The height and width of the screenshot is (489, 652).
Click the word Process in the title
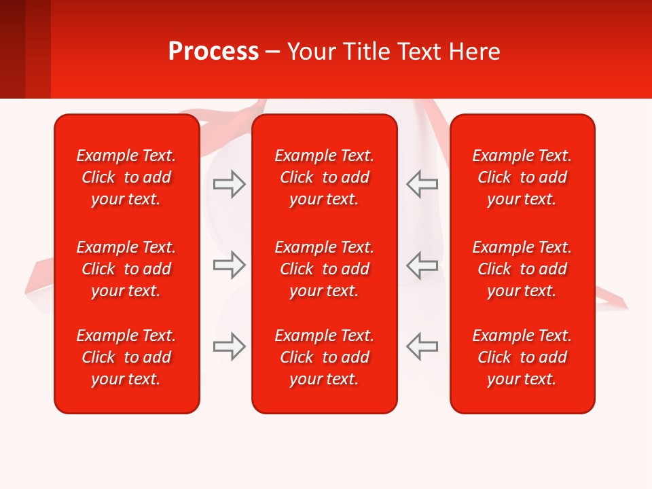click(213, 52)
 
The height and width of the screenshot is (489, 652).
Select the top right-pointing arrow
click(230, 184)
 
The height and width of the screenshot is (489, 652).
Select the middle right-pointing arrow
click(230, 265)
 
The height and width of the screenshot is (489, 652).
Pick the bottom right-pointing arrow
click(230, 346)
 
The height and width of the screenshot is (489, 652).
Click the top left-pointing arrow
click(422, 184)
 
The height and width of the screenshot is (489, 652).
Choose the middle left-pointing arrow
click(422, 265)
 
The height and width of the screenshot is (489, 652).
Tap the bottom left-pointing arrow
click(422, 346)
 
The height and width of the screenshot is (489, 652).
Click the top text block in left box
click(126, 177)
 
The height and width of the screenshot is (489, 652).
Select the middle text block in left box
click(126, 269)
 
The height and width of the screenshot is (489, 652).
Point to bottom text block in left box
click(126, 357)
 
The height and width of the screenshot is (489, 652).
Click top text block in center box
click(325, 177)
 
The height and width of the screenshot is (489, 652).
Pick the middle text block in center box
click(325, 269)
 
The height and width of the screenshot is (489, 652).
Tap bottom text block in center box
click(325, 357)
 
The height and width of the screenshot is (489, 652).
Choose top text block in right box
click(522, 177)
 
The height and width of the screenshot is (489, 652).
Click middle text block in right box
click(522, 269)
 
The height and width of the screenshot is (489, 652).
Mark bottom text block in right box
click(522, 357)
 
